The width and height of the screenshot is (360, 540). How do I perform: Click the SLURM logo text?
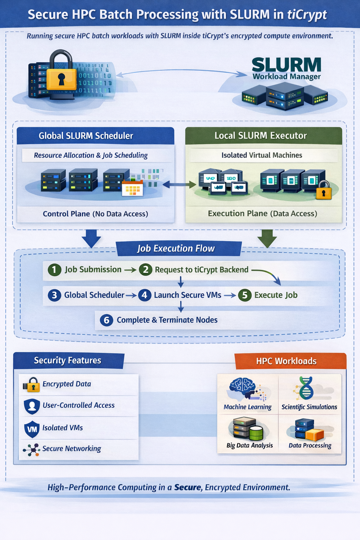pyautogui.click(x=286, y=65)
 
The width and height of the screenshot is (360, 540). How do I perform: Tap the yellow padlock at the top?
pyautogui.click(x=61, y=75)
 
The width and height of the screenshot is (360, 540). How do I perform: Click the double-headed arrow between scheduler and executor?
pyautogui.click(x=179, y=184)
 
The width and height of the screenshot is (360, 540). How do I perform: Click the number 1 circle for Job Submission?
pyautogui.click(x=54, y=270)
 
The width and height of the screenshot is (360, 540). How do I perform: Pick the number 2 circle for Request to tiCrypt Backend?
pyautogui.click(x=146, y=270)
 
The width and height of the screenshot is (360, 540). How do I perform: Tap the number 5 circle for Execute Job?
pyautogui.click(x=245, y=295)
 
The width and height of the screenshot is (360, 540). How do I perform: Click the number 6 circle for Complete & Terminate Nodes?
pyautogui.click(x=107, y=320)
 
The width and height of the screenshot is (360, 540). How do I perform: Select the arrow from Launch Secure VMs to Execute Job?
pyautogui.click(x=230, y=295)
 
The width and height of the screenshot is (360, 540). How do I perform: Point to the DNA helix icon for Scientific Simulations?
pyautogui.click(x=306, y=388)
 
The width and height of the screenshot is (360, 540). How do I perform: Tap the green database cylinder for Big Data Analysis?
pyautogui.click(x=256, y=433)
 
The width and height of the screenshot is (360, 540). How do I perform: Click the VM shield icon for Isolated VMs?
pyautogui.click(x=32, y=429)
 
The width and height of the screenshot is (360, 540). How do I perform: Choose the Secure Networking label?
pyautogui.click(x=72, y=449)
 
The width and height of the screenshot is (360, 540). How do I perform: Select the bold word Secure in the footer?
pyautogui.click(x=188, y=488)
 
